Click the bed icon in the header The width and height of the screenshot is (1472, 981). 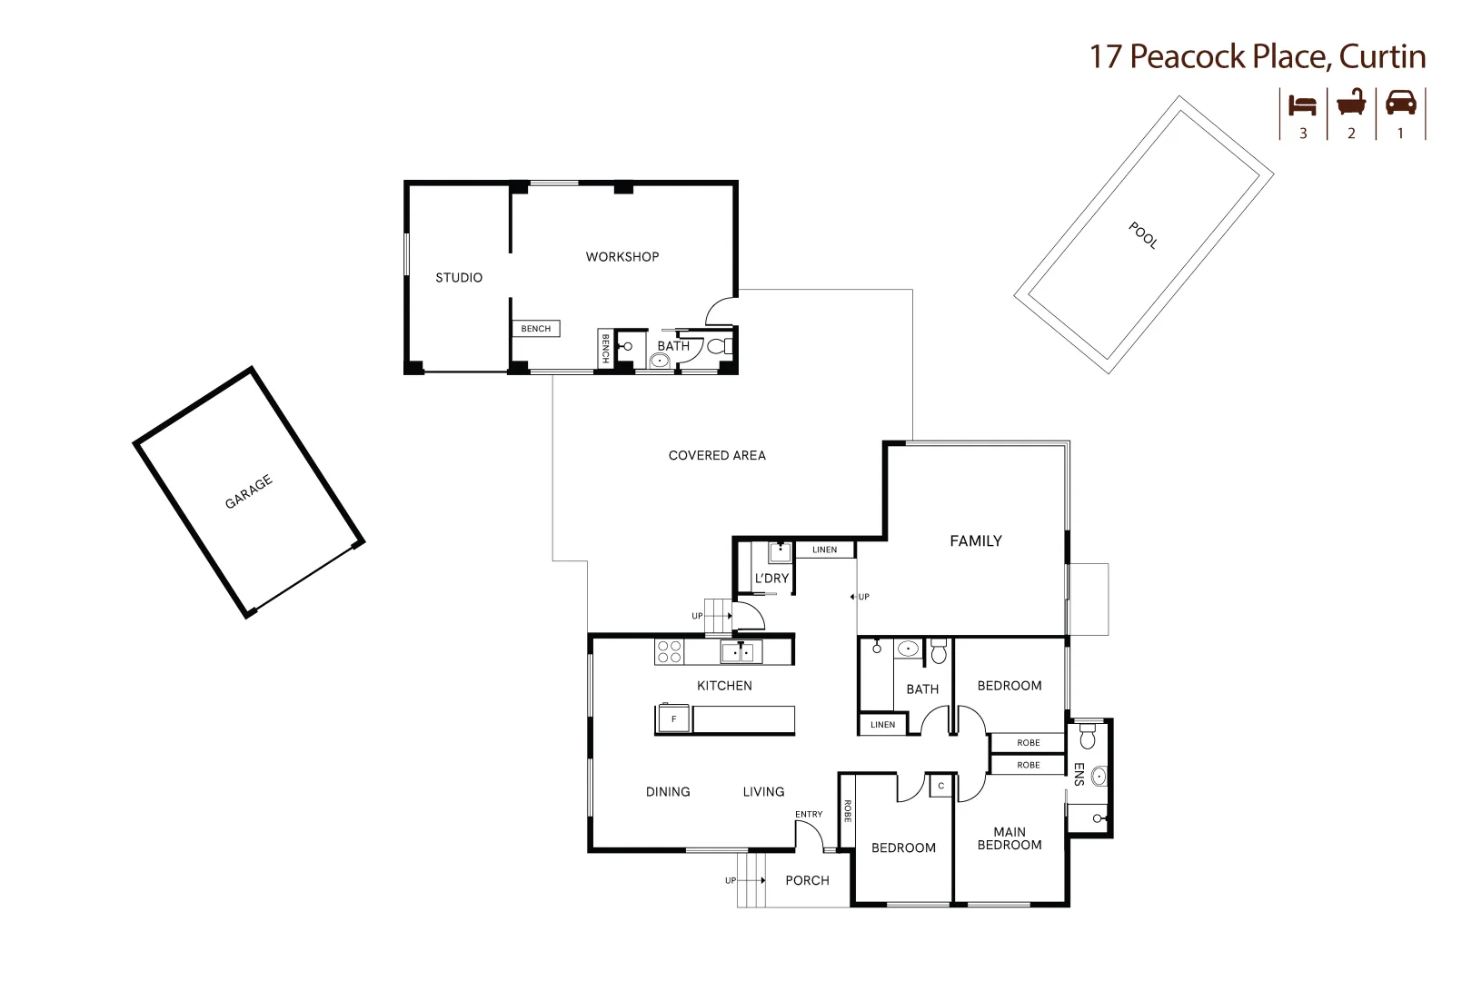(1302, 104)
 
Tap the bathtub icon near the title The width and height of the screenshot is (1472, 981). (1351, 103)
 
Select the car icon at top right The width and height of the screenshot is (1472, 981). (1400, 103)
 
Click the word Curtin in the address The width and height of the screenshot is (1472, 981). (1382, 56)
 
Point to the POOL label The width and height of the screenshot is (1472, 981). (1142, 235)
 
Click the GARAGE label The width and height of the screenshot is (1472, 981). (248, 492)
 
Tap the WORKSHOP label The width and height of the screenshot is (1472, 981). (622, 257)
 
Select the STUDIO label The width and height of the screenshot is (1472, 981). (459, 278)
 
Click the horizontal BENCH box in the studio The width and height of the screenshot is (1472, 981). (536, 329)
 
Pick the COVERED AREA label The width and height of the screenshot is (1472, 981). (717, 456)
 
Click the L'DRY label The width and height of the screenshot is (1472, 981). (771, 579)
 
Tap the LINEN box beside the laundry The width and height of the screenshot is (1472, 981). (825, 550)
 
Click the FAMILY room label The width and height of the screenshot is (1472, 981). (975, 541)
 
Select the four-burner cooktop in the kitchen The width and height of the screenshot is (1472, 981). (670, 652)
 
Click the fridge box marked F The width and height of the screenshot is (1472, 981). (673, 719)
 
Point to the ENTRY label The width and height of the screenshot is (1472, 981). (809, 815)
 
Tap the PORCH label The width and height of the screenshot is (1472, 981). (807, 880)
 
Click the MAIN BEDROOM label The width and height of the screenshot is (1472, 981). (1009, 838)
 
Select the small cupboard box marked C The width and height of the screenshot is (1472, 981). (940, 786)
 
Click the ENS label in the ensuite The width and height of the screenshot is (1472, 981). (1079, 774)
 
